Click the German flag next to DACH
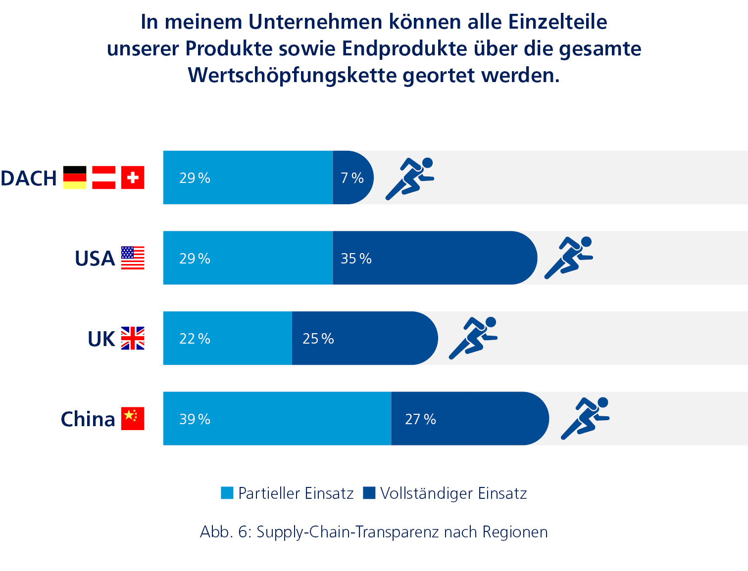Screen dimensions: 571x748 (x=75, y=177)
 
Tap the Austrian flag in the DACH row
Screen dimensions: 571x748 (x=103, y=177)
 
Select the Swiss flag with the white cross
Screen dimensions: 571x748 (x=133, y=177)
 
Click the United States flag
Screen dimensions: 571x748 (x=133, y=258)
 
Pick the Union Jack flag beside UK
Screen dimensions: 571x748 (x=133, y=338)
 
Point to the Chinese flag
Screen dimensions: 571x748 (x=133, y=418)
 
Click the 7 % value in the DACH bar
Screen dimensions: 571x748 (x=352, y=178)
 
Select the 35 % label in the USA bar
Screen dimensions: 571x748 (x=356, y=259)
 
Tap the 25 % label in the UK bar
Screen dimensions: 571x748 (x=318, y=339)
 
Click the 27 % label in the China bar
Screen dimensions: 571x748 (x=420, y=419)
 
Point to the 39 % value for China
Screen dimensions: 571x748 (x=195, y=419)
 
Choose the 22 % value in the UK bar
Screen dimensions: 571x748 (x=195, y=339)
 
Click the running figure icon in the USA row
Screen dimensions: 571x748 (x=569, y=258)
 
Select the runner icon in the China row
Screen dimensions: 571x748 (x=585, y=418)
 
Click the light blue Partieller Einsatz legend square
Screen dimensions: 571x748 (x=227, y=493)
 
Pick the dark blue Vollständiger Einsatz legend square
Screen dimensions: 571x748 (x=369, y=493)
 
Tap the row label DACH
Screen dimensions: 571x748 (x=29, y=178)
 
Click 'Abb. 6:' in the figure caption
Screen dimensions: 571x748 (x=225, y=532)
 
